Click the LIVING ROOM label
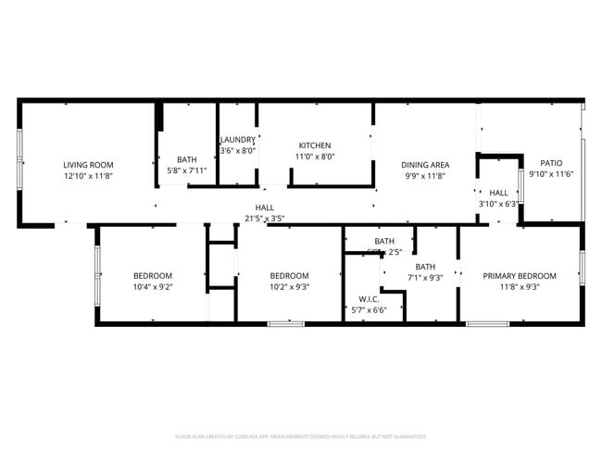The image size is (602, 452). (89, 165)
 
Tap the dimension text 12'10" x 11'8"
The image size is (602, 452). (89, 176)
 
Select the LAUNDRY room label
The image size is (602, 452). (238, 140)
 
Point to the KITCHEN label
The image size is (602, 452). (315, 145)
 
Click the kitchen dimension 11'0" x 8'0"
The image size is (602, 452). (315, 157)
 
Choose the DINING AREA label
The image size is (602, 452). (426, 165)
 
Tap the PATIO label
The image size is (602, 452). (551, 163)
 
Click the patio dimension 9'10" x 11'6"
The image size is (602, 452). (551, 174)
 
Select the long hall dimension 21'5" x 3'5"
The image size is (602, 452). (265, 219)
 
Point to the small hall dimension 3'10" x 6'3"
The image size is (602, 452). (498, 204)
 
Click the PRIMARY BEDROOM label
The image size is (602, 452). (520, 276)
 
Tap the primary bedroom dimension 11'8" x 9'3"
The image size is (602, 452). (520, 287)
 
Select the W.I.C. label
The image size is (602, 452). (368, 299)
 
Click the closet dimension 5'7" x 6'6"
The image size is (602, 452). (368, 310)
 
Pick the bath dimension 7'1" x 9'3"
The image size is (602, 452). (425, 277)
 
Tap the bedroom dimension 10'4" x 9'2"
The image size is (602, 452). (153, 287)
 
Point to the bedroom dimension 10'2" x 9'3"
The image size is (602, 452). (289, 287)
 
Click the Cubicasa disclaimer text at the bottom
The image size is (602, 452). (301, 435)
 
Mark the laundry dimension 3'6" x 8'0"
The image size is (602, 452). (238, 151)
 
